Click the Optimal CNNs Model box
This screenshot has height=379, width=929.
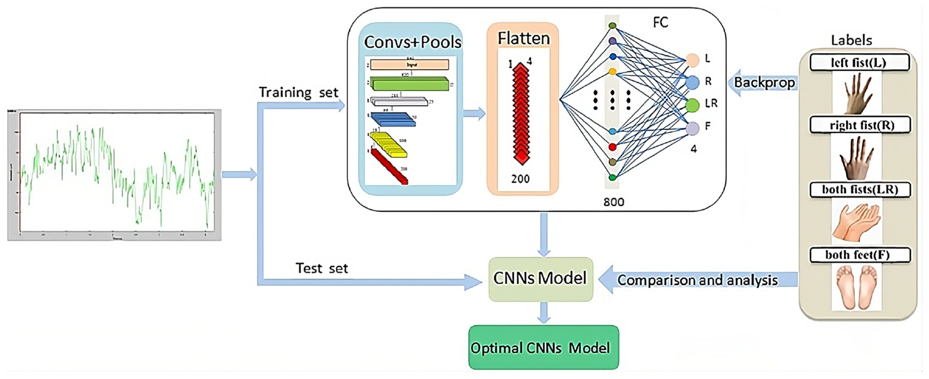click(543, 347)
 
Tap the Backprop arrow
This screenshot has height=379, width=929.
click(761, 83)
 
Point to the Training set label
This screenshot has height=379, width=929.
click(298, 93)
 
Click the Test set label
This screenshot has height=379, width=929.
click(321, 268)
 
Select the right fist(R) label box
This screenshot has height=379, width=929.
click(860, 125)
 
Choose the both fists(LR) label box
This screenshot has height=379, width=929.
click(860, 189)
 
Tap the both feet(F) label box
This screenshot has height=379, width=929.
click(860, 255)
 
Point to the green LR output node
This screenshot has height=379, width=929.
click(692, 105)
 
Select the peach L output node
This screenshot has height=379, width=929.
click(692, 60)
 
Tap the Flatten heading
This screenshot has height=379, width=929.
click(524, 38)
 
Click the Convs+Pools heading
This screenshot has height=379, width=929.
click(412, 42)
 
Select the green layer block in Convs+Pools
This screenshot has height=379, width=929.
click(409, 83)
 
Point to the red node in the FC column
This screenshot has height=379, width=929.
click(612, 147)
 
